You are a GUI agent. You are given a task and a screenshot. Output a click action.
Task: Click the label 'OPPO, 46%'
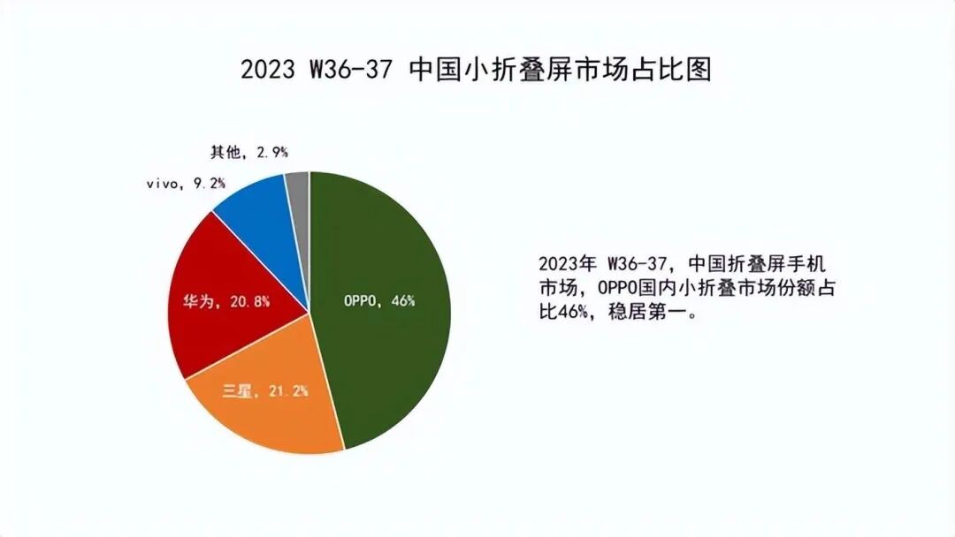point(378,300)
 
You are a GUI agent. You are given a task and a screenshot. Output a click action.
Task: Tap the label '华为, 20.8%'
point(226,300)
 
